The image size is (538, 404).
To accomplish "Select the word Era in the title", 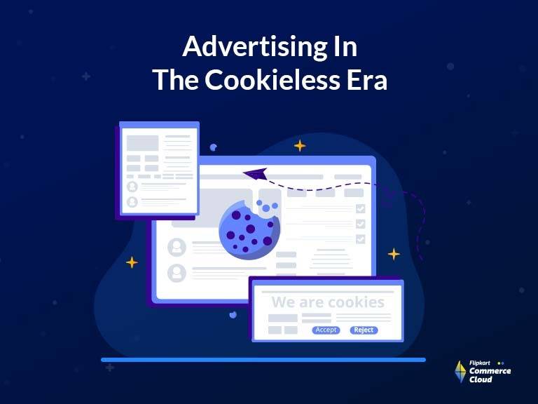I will tap(364, 80).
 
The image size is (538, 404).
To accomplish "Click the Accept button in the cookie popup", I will tap(326, 330).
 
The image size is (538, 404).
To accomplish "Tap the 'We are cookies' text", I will tap(328, 302).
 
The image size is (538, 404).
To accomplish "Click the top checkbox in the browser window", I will tap(360, 208).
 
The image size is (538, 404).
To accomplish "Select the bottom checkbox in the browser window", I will tap(360, 239).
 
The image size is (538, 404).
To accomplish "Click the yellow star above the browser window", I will tap(300, 146).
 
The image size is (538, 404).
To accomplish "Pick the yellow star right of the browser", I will tap(394, 254).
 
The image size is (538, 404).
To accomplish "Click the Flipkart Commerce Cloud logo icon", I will tap(460, 372).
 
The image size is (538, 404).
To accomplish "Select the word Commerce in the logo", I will tap(490, 371).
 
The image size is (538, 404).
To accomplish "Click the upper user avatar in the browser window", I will tap(177, 247).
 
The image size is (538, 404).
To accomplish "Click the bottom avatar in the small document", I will tap(132, 202).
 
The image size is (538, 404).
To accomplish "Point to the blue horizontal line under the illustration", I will tap(263, 360).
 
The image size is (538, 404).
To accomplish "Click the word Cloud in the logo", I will tap(481, 379).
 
